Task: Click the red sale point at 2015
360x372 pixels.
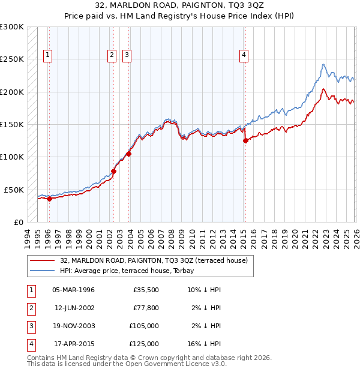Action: pyautogui.click(x=245, y=141)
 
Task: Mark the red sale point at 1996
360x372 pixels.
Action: pyautogui.click(x=49, y=199)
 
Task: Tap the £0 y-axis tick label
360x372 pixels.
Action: pyautogui.click(x=18, y=222)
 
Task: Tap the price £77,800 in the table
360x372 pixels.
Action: pyautogui.click(x=146, y=308)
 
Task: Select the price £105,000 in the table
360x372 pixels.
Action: pyautogui.click(x=144, y=326)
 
